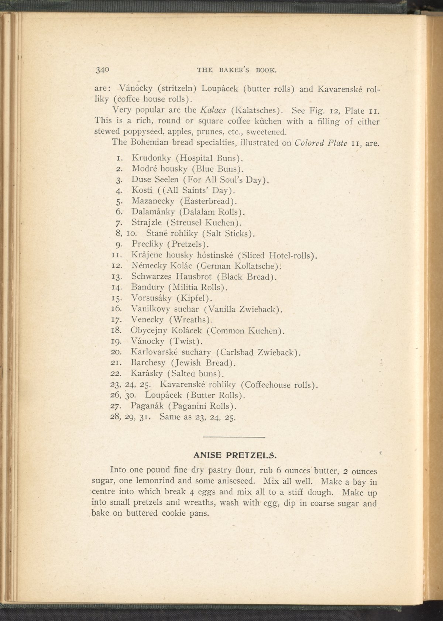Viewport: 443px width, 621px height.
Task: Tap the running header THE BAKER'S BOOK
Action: (237, 69)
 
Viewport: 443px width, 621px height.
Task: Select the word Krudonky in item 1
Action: (151, 158)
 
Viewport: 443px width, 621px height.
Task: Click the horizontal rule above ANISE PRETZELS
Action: (234, 438)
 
